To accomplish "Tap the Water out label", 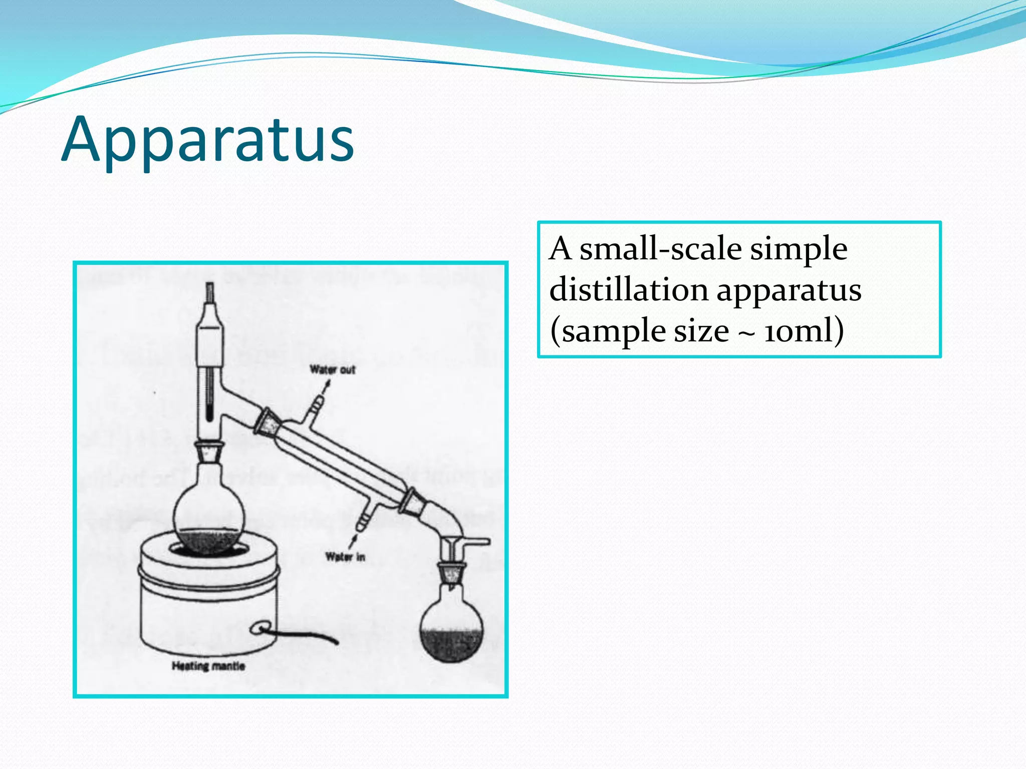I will click(332, 370).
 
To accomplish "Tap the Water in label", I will click(345, 557).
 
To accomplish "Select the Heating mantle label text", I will click(208, 666).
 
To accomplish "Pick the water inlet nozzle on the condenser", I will click(363, 521).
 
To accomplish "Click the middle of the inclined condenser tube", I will click(341, 461).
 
